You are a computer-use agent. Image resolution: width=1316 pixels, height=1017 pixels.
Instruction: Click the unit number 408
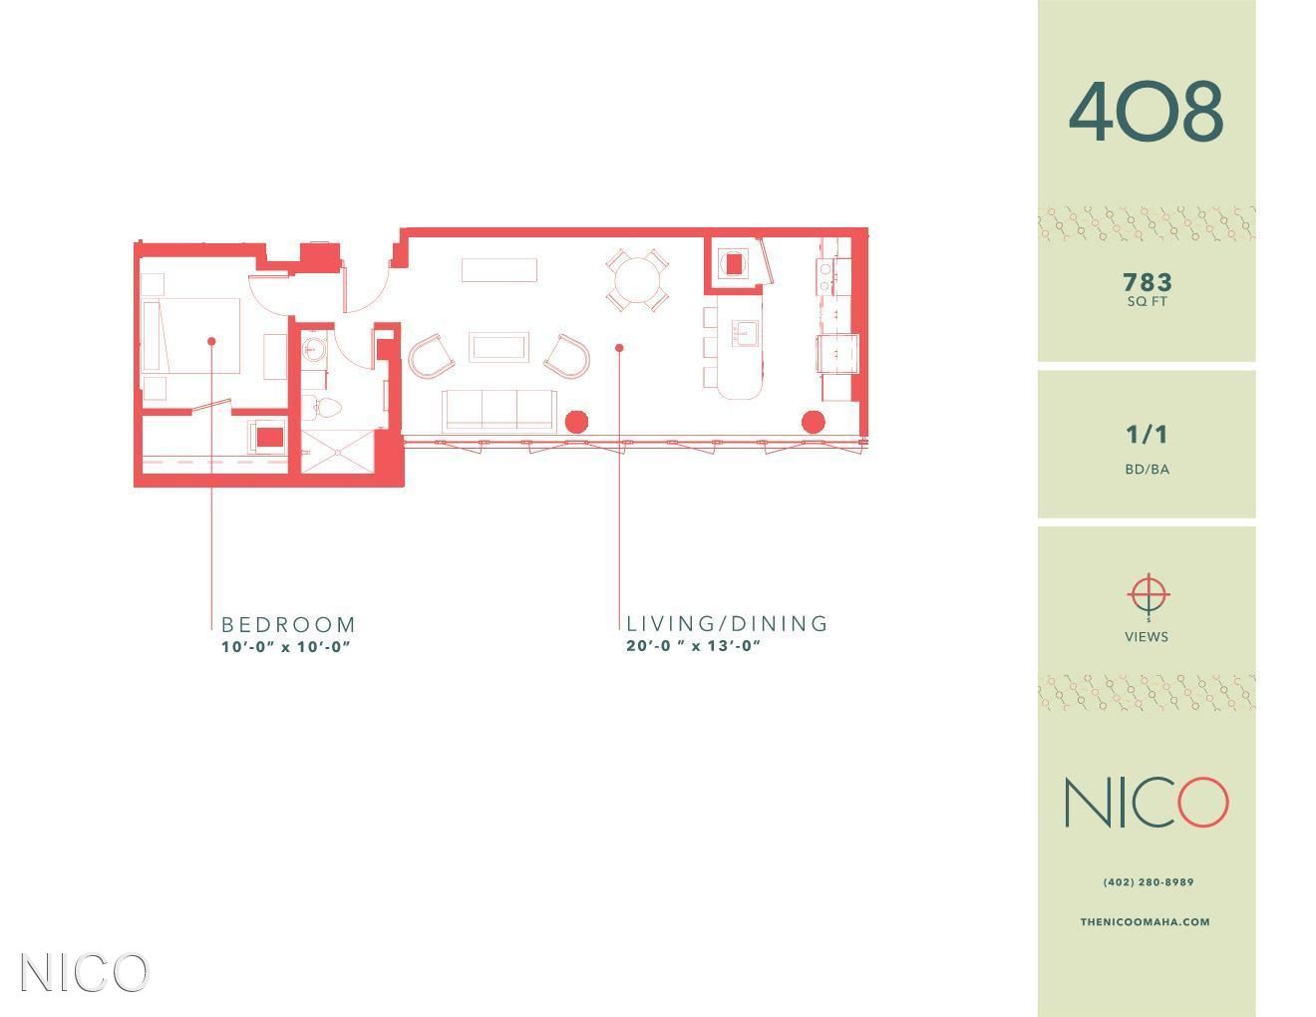(1146, 112)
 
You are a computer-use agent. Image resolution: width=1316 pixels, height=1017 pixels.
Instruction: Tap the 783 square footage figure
(1147, 282)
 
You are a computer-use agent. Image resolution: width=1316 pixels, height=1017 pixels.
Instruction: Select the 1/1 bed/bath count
(1146, 435)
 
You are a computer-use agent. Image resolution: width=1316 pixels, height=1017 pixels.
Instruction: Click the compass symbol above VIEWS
(1149, 596)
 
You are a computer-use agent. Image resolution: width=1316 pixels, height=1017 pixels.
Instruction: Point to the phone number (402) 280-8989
(1149, 882)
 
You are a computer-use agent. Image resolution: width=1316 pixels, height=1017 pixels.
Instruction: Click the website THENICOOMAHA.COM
(1145, 922)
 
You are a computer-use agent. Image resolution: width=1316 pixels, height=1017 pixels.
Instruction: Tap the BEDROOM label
(288, 624)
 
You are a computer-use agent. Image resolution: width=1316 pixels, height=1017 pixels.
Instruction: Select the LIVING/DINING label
(726, 623)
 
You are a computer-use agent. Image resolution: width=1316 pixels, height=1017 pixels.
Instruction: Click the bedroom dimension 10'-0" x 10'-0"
(286, 647)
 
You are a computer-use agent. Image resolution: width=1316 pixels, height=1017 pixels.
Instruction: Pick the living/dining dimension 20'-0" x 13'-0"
(693, 646)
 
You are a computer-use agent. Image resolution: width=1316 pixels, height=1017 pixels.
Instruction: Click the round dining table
(637, 280)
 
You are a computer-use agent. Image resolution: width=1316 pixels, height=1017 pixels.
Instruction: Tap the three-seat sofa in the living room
(499, 411)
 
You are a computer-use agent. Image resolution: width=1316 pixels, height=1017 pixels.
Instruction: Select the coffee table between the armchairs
(498, 347)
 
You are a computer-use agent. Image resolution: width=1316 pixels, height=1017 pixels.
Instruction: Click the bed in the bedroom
(190, 335)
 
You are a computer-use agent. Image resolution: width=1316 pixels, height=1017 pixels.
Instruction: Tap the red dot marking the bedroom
(211, 342)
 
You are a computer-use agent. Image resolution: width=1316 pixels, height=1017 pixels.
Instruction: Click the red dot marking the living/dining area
(619, 348)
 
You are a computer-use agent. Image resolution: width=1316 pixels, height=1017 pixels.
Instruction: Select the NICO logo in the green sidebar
(1147, 803)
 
